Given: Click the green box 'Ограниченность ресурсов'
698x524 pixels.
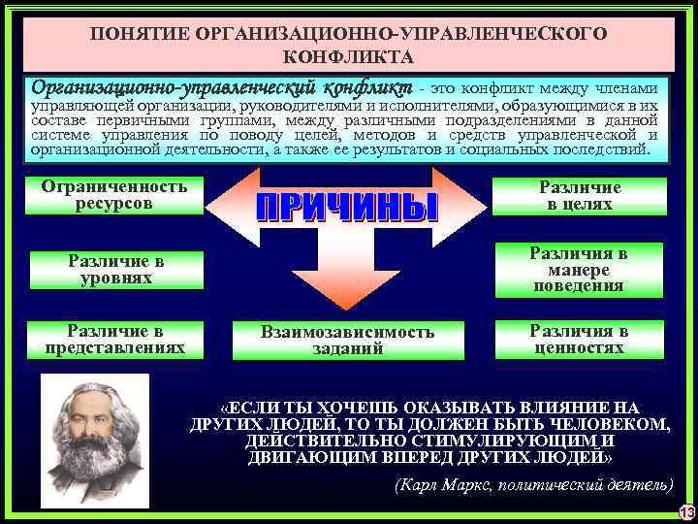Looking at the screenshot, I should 114,193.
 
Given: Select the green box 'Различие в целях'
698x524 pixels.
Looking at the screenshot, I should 579,196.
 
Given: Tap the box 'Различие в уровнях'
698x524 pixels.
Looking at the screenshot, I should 116,269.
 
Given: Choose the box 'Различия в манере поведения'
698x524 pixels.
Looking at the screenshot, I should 578,270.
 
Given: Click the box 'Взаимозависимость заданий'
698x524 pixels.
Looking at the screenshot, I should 347,340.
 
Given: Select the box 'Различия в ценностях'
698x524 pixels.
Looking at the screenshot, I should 578,339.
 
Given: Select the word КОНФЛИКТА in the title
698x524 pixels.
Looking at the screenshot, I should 348,57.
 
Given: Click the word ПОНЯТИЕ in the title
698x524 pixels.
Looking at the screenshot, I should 140,34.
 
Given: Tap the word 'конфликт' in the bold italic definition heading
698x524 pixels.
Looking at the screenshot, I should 367,86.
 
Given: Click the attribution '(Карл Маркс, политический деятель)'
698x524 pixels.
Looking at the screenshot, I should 533,482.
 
